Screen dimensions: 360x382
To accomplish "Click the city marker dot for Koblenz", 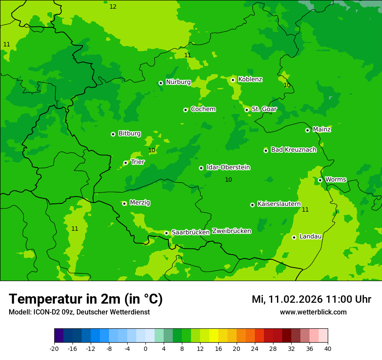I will tap(233, 80).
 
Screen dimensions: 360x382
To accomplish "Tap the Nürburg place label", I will tap(178, 82).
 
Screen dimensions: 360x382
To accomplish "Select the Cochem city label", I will tap(203, 109).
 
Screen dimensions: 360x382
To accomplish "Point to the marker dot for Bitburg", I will tap(113, 134).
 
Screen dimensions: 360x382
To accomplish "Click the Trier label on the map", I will tap(138, 162).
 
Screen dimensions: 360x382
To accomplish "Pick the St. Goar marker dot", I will tap(247, 110).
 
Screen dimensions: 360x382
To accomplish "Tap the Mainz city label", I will tap(322, 130).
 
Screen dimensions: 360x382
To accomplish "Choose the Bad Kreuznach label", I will tap(293, 150).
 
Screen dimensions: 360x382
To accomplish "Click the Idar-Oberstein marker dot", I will tap(201, 168).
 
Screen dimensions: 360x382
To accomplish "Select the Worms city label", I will tap(336, 180).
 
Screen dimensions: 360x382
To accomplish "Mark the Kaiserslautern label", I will tap(279, 204).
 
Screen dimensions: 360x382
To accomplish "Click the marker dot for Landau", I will tap(294, 237).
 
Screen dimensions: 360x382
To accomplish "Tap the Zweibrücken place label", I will tap(231, 231).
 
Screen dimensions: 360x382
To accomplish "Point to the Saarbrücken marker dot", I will tap(166, 233).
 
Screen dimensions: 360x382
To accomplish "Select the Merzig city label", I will tap(140, 203).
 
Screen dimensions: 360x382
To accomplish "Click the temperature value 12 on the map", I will tap(113, 7).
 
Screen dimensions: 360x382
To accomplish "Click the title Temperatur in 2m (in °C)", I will tap(86, 299).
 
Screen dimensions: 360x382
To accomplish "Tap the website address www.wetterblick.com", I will tap(313, 312).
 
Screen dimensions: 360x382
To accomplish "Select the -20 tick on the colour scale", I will tap(54, 349).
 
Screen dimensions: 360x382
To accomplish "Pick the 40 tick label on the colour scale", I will tap(328, 349).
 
